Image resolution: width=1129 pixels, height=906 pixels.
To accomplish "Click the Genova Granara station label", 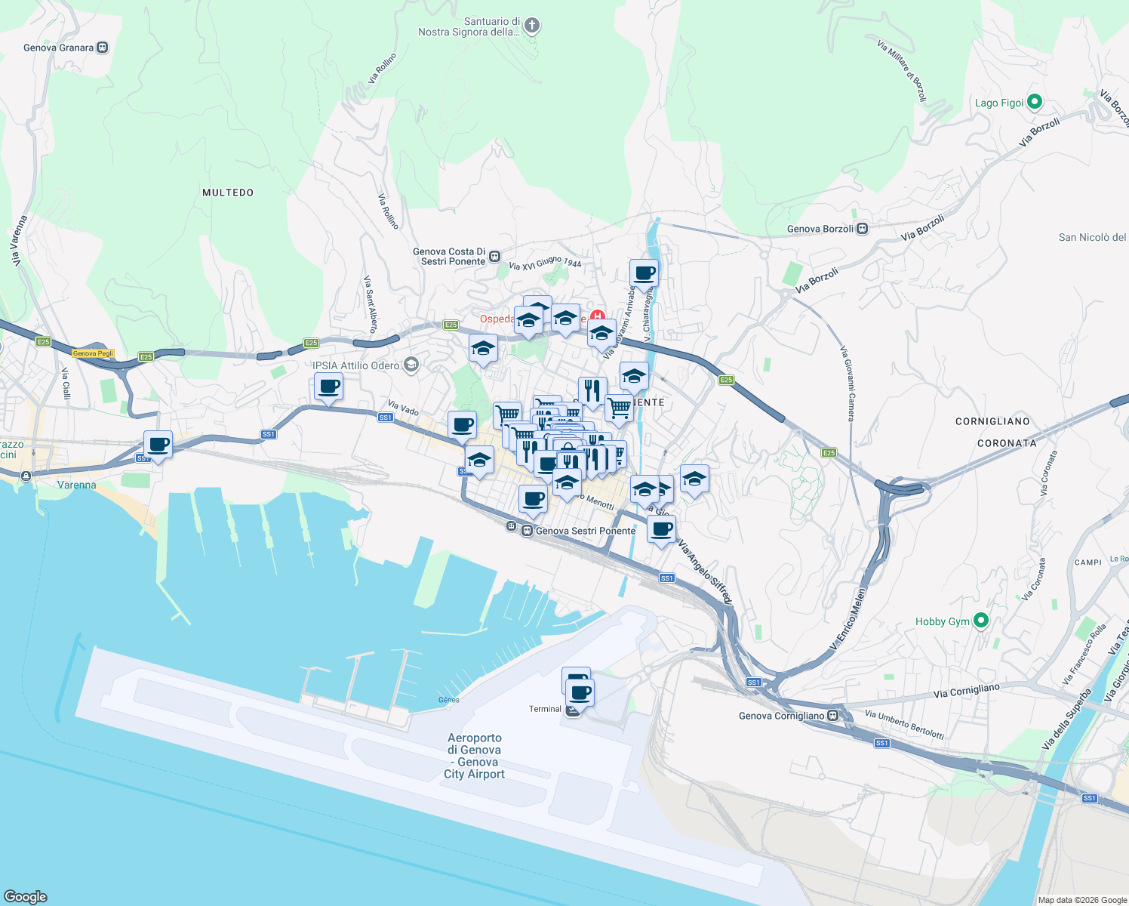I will (59, 48).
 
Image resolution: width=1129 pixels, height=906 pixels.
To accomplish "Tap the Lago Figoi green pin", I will (1035, 101).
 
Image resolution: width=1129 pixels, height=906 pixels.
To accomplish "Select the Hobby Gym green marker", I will (981, 621).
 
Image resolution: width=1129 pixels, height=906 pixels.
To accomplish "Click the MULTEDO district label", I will (228, 193).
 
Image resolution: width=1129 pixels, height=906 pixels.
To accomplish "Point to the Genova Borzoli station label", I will (820, 229).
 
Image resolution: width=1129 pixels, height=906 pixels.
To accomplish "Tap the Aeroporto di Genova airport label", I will (475, 756).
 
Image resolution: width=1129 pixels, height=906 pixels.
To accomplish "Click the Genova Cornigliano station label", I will (782, 716).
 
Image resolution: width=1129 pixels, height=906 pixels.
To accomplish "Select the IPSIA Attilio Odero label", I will (356, 365).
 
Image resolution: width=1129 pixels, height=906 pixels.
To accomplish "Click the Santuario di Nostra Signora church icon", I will (532, 26).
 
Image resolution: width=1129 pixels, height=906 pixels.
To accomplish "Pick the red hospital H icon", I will (598, 316).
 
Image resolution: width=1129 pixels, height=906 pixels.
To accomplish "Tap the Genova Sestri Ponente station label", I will (586, 531).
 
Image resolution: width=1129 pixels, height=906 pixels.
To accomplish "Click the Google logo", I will (26, 896).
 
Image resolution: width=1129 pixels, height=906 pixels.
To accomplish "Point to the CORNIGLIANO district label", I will (992, 421).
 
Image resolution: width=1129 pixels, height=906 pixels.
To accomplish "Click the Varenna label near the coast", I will (77, 485).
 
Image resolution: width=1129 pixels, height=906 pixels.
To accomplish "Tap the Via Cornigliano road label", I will (966, 691).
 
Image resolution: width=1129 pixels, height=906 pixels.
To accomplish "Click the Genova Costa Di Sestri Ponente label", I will (449, 257).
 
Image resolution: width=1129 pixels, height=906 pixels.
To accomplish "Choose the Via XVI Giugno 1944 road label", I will (545, 263).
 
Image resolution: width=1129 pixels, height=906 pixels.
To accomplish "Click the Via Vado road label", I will (404, 408).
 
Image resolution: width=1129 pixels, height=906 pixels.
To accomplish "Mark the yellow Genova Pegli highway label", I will (93, 353).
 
